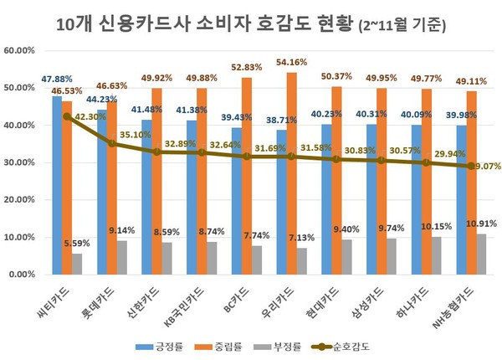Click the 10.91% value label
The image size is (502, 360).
click(483, 224)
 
